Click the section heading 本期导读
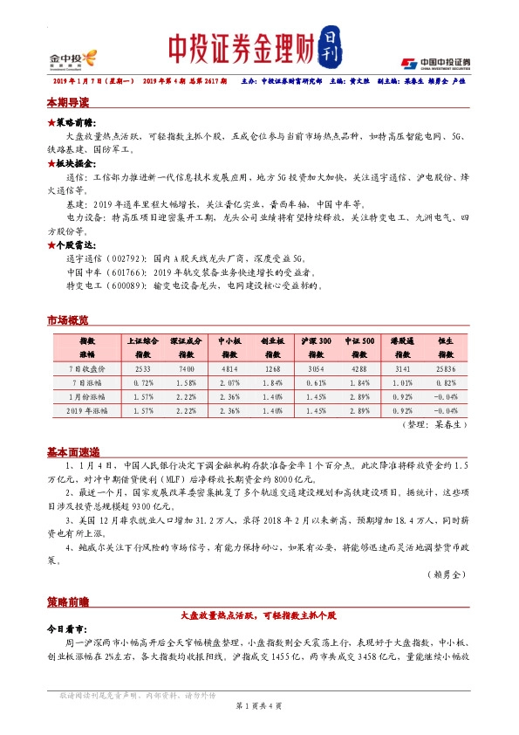(67, 102)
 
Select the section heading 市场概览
(67, 320)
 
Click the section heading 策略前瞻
(67, 602)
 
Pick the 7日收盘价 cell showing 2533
(144, 370)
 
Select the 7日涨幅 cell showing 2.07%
(229, 382)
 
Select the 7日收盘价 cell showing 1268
(272, 370)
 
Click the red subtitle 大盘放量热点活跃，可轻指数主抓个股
(258, 616)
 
